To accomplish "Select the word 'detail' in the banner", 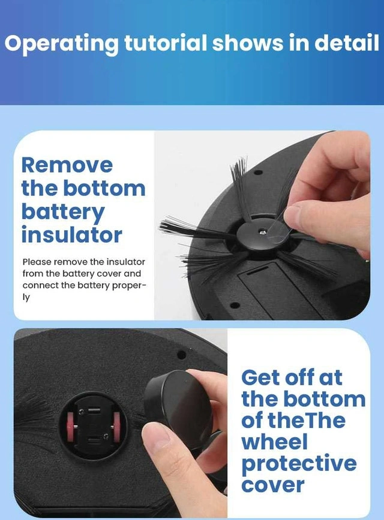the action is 347,43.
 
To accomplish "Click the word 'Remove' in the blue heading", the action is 67,165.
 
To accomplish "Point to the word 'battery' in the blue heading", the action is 63,213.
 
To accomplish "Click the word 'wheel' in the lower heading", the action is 274,442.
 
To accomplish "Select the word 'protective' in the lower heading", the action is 299,465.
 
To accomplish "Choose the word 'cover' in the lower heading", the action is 273,485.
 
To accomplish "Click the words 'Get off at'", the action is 292,378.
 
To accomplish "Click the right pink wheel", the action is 116,426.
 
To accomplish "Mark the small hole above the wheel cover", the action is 181,355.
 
